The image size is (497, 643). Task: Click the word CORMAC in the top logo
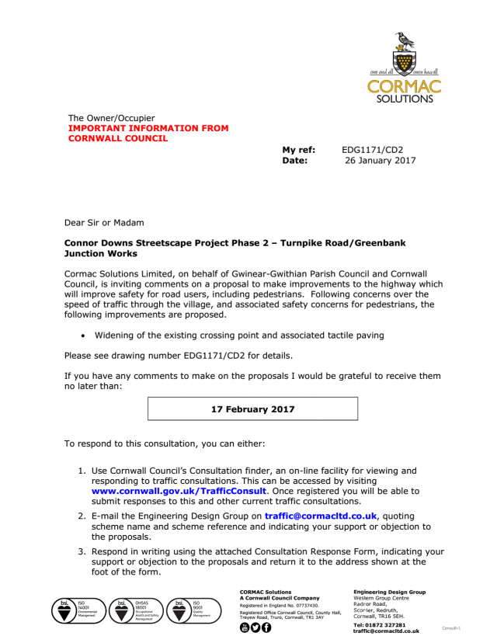tap(404, 86)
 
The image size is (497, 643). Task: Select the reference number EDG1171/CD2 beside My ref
tap(372, 150)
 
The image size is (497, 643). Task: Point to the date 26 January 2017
tap(380, 161)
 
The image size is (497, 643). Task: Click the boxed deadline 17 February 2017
tap(252, 408)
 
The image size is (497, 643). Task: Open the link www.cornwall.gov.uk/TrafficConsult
tap(179, 491)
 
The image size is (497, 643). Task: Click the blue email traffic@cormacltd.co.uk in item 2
tap(320, 515)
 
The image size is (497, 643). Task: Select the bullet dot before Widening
tap(82, 336)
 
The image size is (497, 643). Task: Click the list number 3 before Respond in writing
tap(82, 551)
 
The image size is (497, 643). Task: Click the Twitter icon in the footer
tap(255, 627)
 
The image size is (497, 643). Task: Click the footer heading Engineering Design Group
tap(389, 592)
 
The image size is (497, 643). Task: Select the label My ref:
tap(298, 150)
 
